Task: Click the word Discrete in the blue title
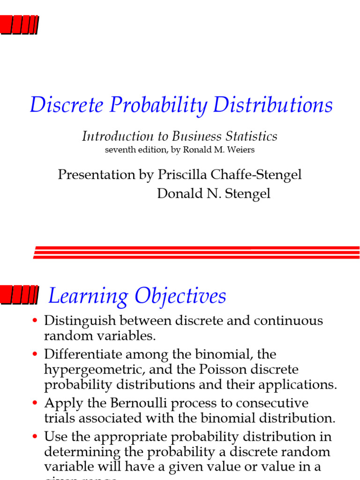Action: [67, 105]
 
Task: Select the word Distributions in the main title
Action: [273, 105]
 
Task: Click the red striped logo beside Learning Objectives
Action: [19, 295]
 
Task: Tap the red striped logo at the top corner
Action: [19, 25]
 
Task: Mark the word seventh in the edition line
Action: [121, 150]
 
